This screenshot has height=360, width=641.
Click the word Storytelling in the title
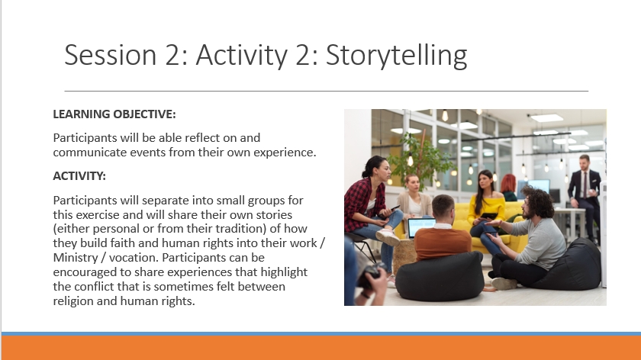tap(397, 55)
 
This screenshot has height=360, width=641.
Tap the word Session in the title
tap(111, 55)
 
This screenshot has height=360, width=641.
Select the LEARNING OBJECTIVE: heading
tap(114, 114)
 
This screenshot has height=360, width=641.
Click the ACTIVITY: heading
tap(79, 176)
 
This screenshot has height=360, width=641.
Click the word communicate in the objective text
tap(90, 153)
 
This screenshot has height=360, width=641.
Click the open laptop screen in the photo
tap(421, 227)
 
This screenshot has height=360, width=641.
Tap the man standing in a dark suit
tap(585, 196)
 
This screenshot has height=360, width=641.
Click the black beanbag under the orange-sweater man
tap(440, 276)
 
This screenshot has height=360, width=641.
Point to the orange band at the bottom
tap(321, 348)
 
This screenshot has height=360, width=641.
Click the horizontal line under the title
tap(327, 91)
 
